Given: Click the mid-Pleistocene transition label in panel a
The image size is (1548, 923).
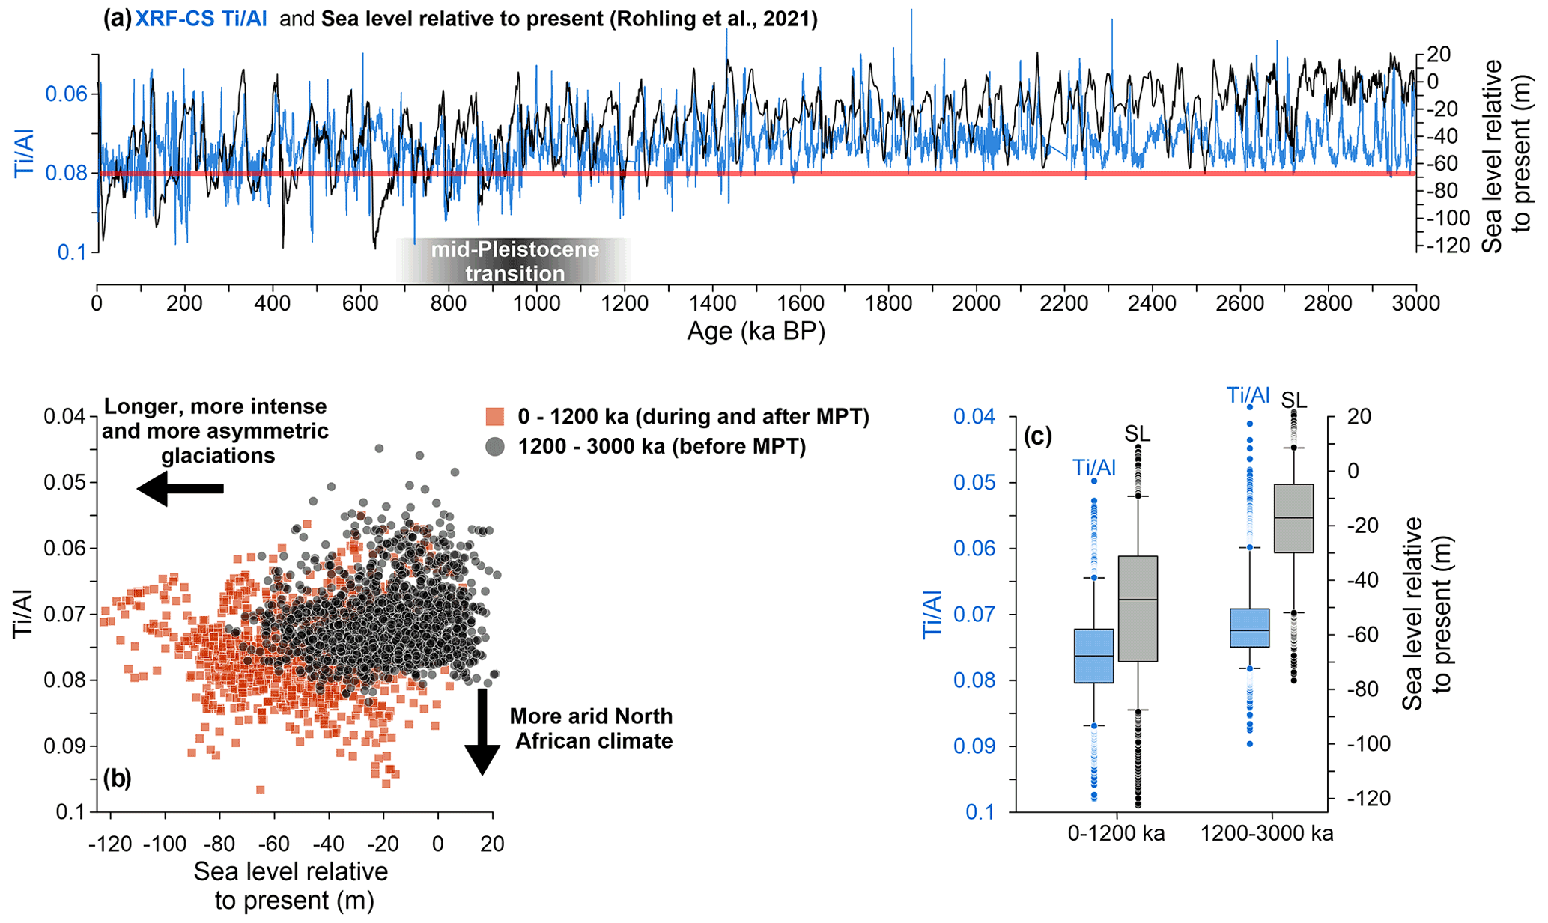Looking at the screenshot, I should click(515, 261).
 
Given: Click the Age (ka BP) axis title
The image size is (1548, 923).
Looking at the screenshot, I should click(756, 330).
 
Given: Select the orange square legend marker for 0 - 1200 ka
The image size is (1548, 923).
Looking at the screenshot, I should click(494, 416).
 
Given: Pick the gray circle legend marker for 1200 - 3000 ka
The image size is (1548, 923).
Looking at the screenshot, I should click(494, 447).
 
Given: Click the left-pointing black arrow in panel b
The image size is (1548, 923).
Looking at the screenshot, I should click(180, 489).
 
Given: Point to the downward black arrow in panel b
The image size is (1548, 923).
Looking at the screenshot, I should click(482, 731).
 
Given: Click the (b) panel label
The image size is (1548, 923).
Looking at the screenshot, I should click(117, 779).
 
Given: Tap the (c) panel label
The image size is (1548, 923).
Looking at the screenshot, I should click(1038, 436).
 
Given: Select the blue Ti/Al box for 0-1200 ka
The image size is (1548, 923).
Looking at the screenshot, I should click(1094, 656).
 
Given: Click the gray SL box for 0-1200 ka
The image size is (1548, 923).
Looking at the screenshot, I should click(1138, 609).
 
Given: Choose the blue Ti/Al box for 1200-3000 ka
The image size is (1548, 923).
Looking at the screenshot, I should click(1249, 627).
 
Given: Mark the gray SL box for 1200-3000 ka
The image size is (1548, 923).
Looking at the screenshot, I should click(1293, 518).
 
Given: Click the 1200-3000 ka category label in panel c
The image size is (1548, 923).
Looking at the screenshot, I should click(1266, 833).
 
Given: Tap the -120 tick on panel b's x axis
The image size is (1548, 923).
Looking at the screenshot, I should click(110, 844).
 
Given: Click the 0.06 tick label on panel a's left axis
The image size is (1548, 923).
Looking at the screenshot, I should click(66, 94).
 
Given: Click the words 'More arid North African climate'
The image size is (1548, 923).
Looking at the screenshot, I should click(592, 728).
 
